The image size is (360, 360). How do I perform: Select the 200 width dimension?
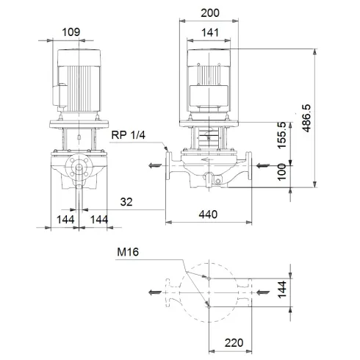pos(210,13)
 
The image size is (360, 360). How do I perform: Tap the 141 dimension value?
pos(210,32)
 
